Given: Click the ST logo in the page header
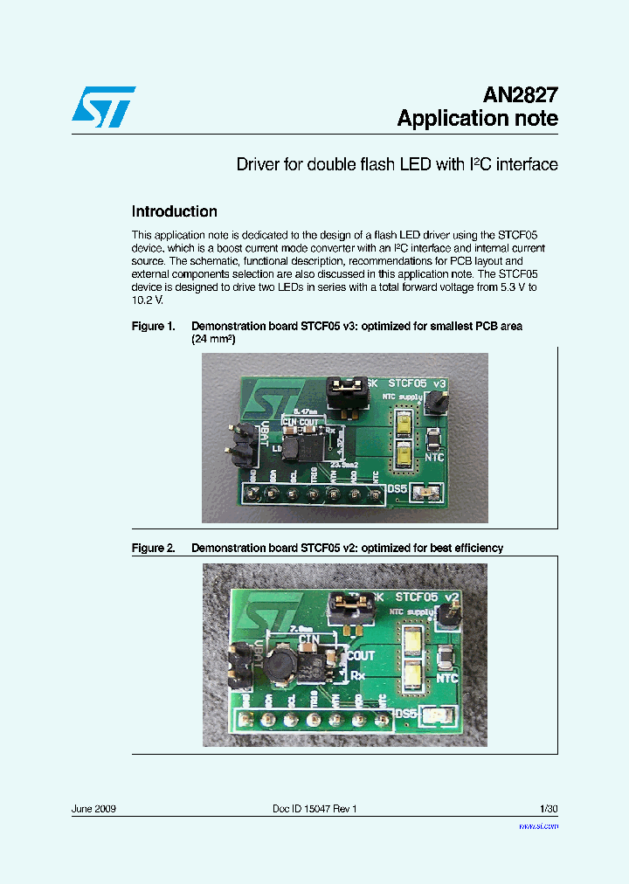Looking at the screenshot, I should pyautogui.click(x=103, y=107).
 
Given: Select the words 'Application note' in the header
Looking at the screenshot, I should pyautogui.click(x=477, y=120).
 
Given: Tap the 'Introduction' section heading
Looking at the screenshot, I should pyautogui.click(x=174, y=211).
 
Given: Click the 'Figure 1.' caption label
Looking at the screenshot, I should pyautogui.click(x=153, y=326).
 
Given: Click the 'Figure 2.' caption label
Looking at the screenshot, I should pyautogui.click(x=153, y=548).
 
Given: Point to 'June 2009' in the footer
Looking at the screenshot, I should pyautogui.click(x=93, y=809).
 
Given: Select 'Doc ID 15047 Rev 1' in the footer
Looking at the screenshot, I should pyautogui.click(x=314, y=809).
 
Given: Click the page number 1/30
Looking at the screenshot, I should pyautogui.click(x=549, y=809).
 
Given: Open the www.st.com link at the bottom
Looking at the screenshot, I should pyautogui.click(x=538, y=825).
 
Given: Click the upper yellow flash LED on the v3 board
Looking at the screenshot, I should pyautogui.click(x=406, y=425).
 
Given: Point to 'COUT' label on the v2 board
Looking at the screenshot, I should pyautogui.click(x=359, y=655).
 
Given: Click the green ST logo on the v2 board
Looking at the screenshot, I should pyautogui.click(x=261, y=609).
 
